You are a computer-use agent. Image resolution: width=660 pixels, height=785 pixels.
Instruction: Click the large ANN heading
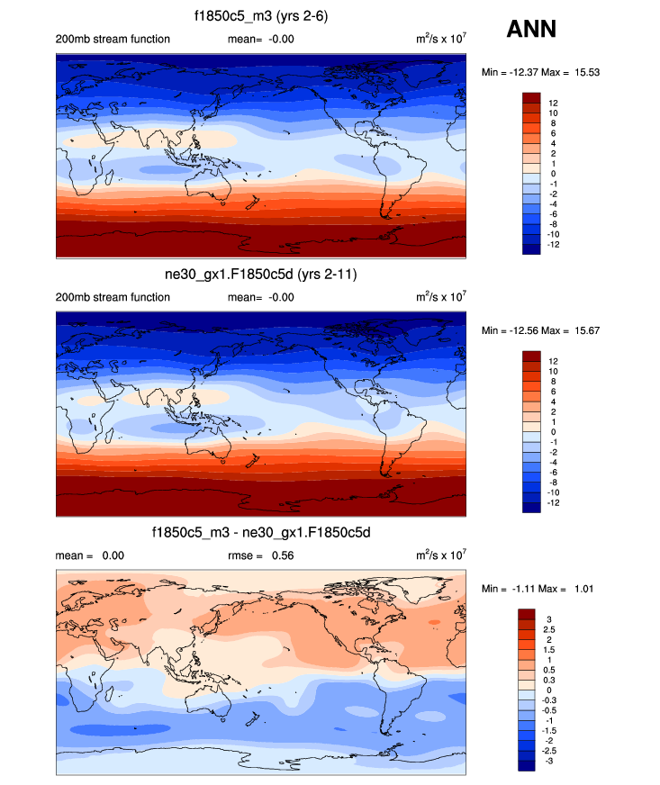pos(531,30)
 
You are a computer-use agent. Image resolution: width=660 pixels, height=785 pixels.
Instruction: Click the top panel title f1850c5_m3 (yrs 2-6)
pos(261,15)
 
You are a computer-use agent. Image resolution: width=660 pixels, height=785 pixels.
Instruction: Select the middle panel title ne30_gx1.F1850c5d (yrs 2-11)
pos(261,274)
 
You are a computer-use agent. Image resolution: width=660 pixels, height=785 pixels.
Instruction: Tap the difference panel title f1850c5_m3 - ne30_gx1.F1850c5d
pos(261,533)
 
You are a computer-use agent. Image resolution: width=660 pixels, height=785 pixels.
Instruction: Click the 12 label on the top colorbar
pos(553,103)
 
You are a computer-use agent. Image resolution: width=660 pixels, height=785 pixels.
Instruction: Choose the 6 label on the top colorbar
pos(550,133)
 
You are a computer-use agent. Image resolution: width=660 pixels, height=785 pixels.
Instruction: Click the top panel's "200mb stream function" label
pos(113,39)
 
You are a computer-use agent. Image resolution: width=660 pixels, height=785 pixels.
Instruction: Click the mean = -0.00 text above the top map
pos(262,39)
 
